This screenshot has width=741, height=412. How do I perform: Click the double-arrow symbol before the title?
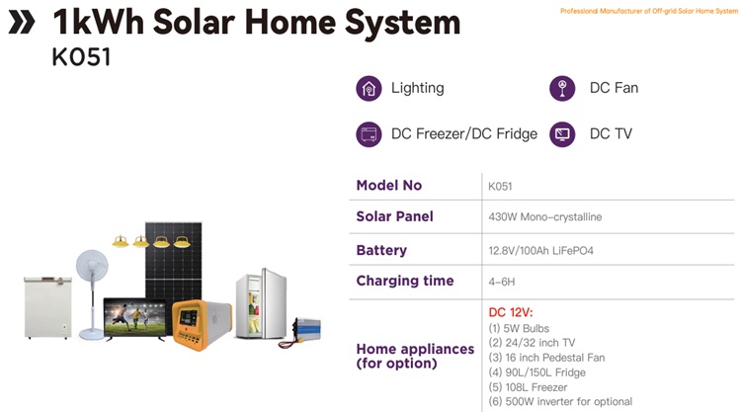pos(22,22)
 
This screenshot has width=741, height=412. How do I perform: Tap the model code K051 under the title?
pos(81,57)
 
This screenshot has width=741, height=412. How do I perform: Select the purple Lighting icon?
pos(369,88)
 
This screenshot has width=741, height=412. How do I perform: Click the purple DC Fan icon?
pos(562,88)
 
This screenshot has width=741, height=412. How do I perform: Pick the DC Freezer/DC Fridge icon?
pos(369,134)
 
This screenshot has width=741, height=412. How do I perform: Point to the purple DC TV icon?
pos(562,134)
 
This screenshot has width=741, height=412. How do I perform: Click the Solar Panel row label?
pos(394,216)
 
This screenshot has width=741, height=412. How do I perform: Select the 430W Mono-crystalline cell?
pos(544,216)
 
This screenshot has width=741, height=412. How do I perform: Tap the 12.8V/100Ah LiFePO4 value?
pos(540,250)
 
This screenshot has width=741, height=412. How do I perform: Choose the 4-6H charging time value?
pos(501,282)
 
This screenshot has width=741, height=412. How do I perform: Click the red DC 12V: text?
pos(511,312)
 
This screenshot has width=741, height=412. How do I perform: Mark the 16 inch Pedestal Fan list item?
pos(546,358)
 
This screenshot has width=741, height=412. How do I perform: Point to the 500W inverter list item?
pos(560,401)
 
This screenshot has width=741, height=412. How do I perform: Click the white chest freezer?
pos(47,307)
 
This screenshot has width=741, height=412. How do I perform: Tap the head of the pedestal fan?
pos(92,266)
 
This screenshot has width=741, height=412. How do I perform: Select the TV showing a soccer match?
pos(135,318)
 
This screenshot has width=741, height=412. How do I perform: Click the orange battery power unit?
pos(202,324)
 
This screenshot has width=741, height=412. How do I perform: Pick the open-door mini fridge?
pos(262,303)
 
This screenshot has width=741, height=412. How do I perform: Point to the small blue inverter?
pos(306,328)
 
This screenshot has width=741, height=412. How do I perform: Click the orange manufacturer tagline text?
pos(649,11)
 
